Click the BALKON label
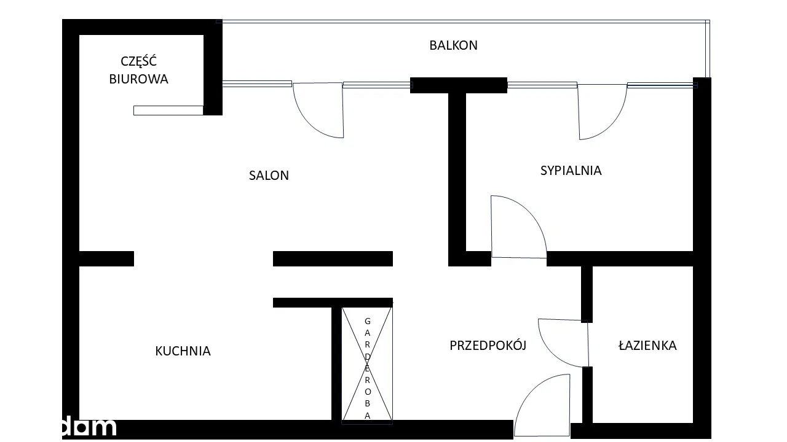[453, 45]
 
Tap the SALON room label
[269, 176]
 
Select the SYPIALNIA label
[571, 171]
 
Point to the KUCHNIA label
[183, 351]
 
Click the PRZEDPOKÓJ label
[488, 346]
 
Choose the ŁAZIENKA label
[647, 346]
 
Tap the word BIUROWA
[138, 79]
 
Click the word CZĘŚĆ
[138, 61]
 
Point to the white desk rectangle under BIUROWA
[168, 110]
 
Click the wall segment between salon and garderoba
[333, 259]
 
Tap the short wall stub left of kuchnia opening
[106, 259]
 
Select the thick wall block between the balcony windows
[458, 85]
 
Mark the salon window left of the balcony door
[256, 84]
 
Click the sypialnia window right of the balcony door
[662, 85]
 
